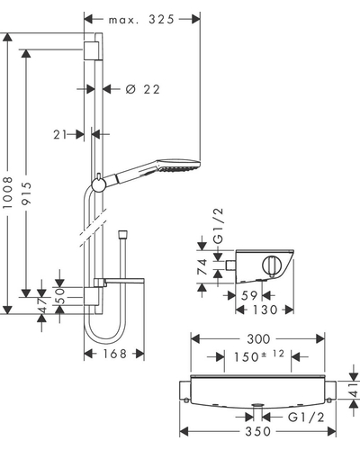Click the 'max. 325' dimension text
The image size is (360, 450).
coord(141,20)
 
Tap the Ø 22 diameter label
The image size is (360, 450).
coord(143,89)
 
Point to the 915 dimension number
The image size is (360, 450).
coord(26,193)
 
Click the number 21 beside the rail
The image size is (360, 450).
coord(60,135)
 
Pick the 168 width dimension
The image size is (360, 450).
coord(115,354)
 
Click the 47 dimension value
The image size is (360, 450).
coord(43,305)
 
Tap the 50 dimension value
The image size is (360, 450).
coord(61,296)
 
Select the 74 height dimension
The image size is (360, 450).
coord(202,266)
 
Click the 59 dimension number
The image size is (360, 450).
coord(249,296)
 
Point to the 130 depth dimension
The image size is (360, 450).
coord(265,310)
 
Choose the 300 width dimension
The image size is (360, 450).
coord(258,339)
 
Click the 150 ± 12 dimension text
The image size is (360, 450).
coord(259,356)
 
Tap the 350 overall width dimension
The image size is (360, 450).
coord(258,431)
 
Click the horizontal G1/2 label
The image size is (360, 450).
coord(306,418)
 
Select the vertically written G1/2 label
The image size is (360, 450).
coord(219,226)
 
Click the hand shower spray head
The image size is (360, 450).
coord(178,166)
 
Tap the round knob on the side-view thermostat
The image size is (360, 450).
coord(272,265)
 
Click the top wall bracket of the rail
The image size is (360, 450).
coord(91,50)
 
